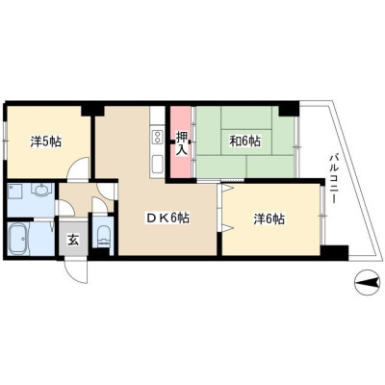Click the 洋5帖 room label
coord(46,141)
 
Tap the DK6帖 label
coord(167,218)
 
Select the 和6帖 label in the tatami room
coord(244,141)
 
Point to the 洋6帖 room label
coord(269,219)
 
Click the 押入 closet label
coord(182,143)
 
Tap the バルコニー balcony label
coord(334,179)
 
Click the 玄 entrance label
coord(73,240)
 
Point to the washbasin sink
coord(41,191)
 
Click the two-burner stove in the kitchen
coord(157,138)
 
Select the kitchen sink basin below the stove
coord(157,165)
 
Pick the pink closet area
coord(181,141)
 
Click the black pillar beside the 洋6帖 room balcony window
coord(335,252)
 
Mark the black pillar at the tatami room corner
coord(289,109)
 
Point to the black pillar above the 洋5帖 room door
coord(92,108)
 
